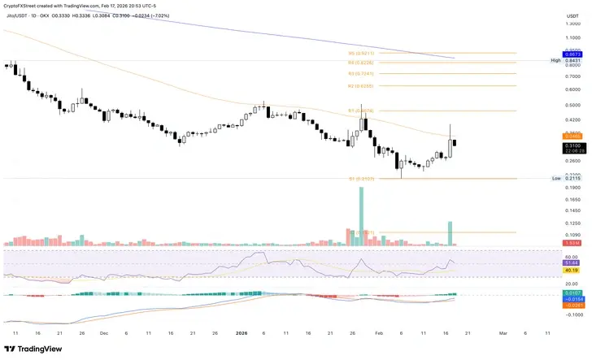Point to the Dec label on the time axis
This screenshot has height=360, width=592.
(103, 332)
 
